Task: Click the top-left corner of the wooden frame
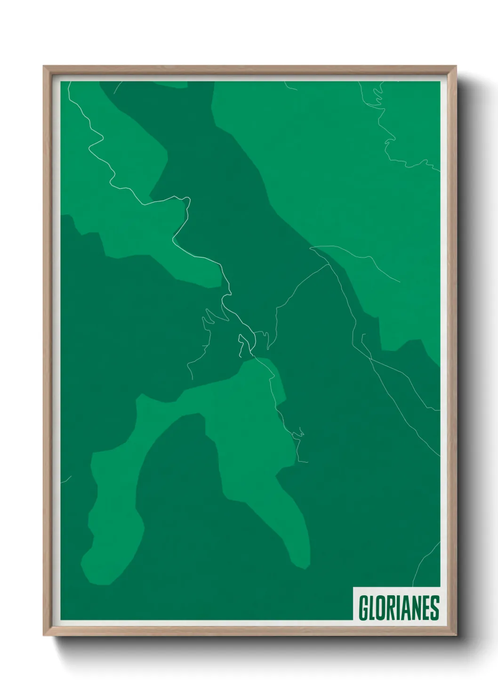[44, 67]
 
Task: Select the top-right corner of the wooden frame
[455, 67]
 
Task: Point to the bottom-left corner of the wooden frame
[44, 634]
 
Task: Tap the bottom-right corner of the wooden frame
[455, 634]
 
